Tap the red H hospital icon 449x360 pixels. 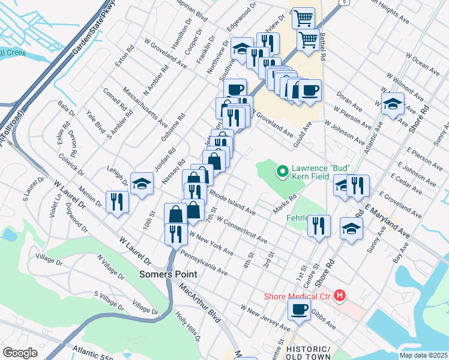tap(340, 295)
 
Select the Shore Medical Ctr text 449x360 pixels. tap(298, 296)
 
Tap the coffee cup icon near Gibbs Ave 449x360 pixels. tap(299, 310)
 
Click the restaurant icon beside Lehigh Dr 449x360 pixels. tap(117, 201)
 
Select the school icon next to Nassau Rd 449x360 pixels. tap(142, 183)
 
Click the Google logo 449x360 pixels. tap(20, 353)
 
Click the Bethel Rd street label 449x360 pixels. tap(323, 46)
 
